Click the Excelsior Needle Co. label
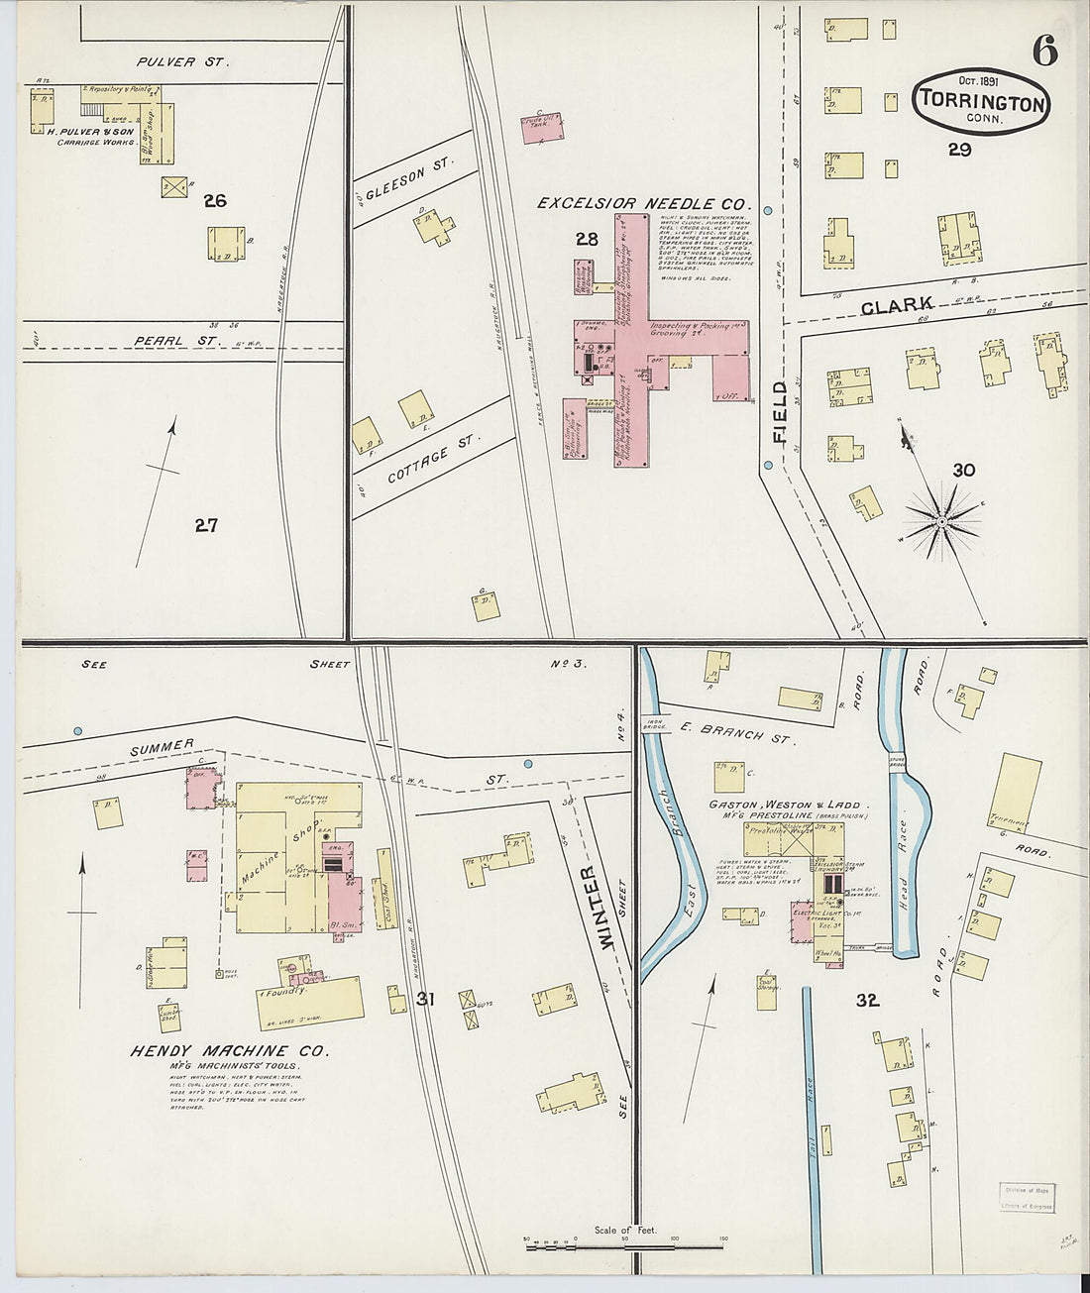pyautogui.click(x=644, y=203)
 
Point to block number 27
pyautogui.click(x=205, y=525)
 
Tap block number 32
pyautogui.click(x=868, y=1001)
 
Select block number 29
pyautogui.click(x=958, y=150)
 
